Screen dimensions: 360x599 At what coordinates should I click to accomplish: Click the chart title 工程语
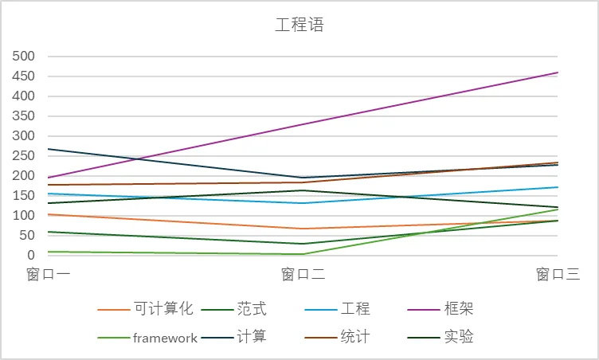pyautogui.click(x=299, y=25)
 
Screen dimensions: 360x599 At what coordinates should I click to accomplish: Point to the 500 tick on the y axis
pyautogui.click(x=24, y=57)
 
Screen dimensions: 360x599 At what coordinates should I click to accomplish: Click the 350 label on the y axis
pyautogui.click(x=24, y=116)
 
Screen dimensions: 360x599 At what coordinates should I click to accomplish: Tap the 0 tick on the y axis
pyautogui.click(x=31, y=256)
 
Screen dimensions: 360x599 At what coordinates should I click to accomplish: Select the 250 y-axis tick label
pyautogui.click(x=24, y=156)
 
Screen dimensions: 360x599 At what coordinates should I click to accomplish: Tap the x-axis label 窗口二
pyautogui.click(x=303, y=275)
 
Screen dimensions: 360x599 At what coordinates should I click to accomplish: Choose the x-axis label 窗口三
pyautogui.click(x=558, y=275)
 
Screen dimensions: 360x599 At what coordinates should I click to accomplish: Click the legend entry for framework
pyautogui.click(x=165, y=338)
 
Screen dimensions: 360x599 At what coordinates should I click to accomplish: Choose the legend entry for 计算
pyautogui.click(x=252, y=338)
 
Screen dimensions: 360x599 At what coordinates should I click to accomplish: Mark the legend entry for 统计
pyautogui.click(x=355, y=338)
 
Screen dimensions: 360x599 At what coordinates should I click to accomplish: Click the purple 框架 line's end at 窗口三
pyautogui.click(x=558, y=72)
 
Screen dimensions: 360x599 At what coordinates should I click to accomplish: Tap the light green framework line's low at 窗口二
pyautogui.click(x=303, y=254)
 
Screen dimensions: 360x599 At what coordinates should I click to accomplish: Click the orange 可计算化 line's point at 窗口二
pyautogui.click(x=303, y=229)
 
